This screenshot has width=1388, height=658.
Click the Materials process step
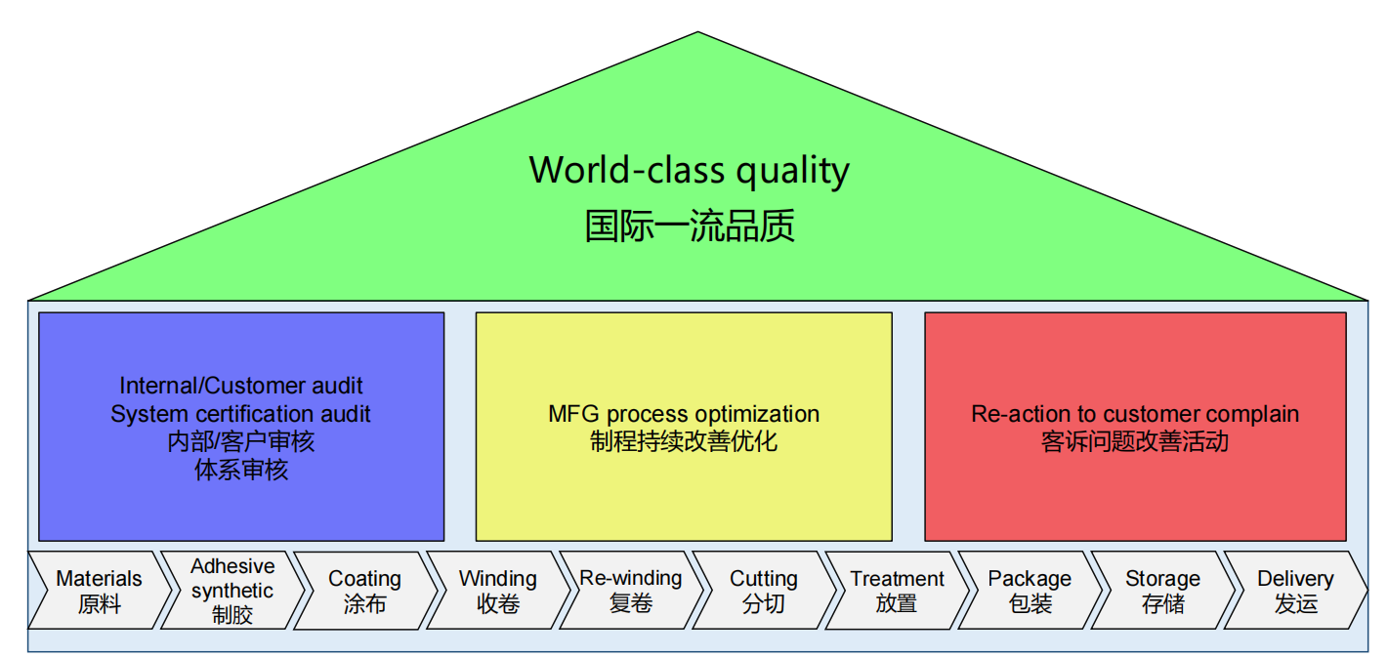[99, 591]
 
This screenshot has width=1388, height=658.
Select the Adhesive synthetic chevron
[232, 591]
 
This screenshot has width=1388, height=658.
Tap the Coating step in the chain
[364, 591]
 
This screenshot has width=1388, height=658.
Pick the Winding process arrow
[497, 591]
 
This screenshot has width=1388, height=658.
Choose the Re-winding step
[630, 591]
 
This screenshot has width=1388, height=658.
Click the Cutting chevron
[763, 591]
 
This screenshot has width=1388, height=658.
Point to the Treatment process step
[897, 591]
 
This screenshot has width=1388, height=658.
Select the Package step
[1030, 591]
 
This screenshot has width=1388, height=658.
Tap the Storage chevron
[1162, 591]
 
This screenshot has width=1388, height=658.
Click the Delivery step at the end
[1295, 591]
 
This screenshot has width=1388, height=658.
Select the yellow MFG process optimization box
[684, 488]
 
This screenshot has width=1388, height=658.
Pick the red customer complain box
[1135, 488]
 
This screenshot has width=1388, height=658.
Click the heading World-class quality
[690, 170]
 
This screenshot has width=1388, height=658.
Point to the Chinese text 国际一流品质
[690, 226]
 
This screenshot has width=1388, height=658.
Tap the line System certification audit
[241, 414]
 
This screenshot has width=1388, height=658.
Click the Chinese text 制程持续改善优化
[684, 441]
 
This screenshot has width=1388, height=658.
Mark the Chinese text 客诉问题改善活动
[1135, 441]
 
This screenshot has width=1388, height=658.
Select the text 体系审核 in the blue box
[241, 471]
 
